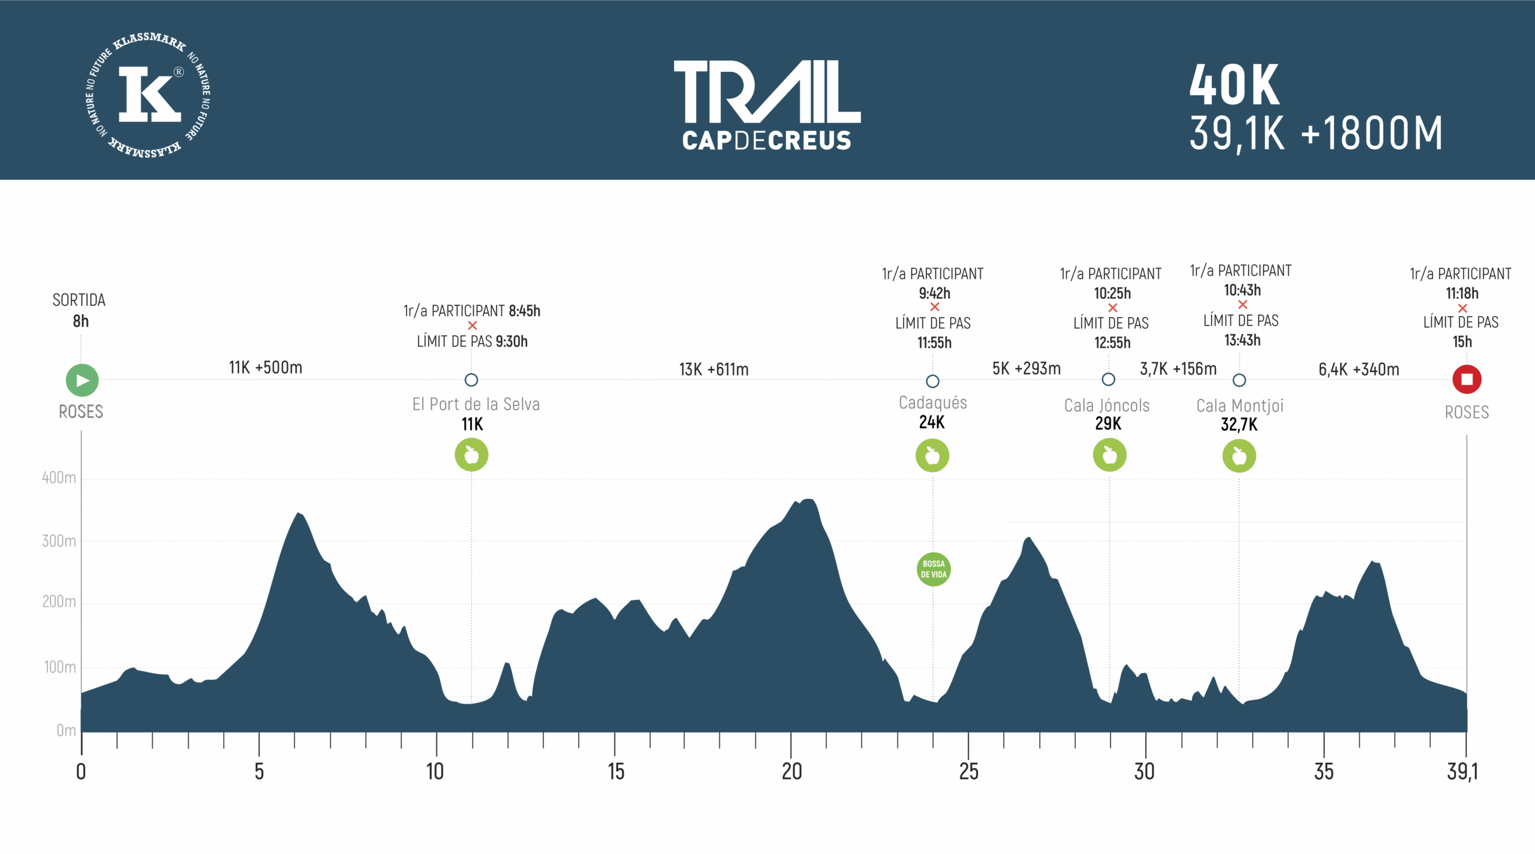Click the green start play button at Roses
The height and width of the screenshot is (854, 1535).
click(x=82, y=380)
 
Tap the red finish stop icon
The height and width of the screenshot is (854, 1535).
click(x=1467, y=380)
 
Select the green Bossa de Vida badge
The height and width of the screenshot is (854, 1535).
click(x=934, y=569)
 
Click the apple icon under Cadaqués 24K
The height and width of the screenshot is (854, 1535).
click(x=932, y=456)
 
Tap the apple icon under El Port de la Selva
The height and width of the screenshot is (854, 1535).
click(x=471, y=455)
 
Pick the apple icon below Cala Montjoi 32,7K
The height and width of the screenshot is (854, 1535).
click(x=1239, y=456)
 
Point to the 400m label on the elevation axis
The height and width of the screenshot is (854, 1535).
click(x=59, y=478)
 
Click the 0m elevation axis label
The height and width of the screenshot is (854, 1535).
click(x=66, y=730)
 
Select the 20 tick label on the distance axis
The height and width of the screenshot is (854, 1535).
click(x=791, y=772)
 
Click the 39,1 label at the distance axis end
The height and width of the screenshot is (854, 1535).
click(x=1462, y=772)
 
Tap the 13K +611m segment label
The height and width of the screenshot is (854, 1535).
click(x=714, y=369)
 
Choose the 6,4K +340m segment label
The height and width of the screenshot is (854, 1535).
click(x=1359, y=369)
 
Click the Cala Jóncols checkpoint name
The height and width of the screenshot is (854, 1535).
click(x=1107, y=406)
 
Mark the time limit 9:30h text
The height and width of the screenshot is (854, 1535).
click(x=511, y=342)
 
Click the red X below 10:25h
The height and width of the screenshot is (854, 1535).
click(x=1113, y=308)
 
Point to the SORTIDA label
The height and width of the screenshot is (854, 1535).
click(x=79, y=300)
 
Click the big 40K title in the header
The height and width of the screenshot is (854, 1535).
click(x=1235, y=85)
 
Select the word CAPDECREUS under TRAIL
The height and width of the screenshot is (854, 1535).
click(x=766, y=141)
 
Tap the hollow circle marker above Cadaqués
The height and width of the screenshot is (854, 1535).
click(x=932, y=381)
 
